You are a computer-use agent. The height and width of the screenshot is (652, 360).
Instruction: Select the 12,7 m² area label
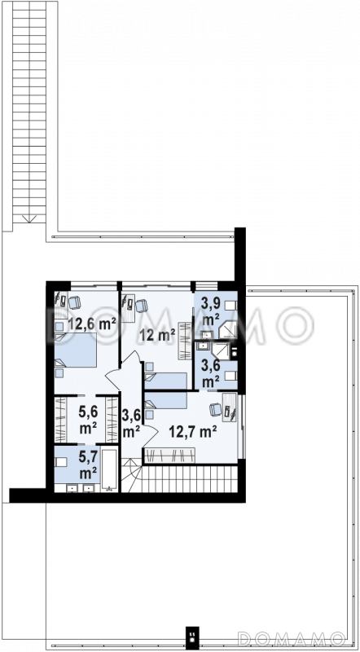click(x=192, y=432)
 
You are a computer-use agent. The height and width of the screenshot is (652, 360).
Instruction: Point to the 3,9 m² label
click(x=210, y=312)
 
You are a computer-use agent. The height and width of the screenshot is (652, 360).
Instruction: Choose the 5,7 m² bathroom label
click(x=88, y=465)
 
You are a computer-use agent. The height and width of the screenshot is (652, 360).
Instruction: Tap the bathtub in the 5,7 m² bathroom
click(x=110, y=470)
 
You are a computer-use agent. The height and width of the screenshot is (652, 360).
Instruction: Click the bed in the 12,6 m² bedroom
click(x=76, y=350)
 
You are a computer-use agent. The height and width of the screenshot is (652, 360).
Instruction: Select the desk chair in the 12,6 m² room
click(x=75, y=302)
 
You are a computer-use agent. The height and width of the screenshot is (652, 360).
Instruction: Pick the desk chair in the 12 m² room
click(x=142, y=306)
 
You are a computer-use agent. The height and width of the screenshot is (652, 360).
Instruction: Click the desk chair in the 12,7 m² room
click(x=216, y=409)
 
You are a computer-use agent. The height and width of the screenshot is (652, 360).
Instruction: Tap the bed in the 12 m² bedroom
click(x=165, y=381)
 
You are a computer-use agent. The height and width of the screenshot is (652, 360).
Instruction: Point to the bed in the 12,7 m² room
click(x=165, y=400)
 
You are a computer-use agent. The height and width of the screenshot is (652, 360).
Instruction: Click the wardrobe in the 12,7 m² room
click(x=169, y=456)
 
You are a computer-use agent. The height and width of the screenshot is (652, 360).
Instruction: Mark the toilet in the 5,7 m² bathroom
click(x=61, y=462)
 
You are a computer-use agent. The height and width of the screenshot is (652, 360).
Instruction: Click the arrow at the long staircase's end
click(x=29, y=218)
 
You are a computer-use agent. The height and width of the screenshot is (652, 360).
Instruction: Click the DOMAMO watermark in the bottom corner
click(x=292, y=638)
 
